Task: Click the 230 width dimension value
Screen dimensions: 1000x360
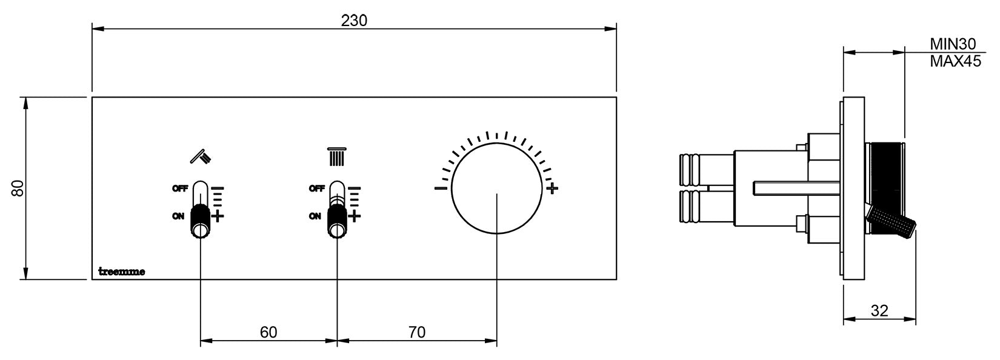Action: click(354, 21)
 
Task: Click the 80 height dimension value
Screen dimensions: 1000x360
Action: click(18, 188)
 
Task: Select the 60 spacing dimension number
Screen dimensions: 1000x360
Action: click(268, 332)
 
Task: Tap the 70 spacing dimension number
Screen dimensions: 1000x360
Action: click(416, 332)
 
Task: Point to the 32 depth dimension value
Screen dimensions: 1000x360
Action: click(879, 310)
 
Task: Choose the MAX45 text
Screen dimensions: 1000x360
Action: click(956, 61)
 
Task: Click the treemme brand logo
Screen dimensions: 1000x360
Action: click(121, 272)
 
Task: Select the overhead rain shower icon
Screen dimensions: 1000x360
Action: click(337, 157)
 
